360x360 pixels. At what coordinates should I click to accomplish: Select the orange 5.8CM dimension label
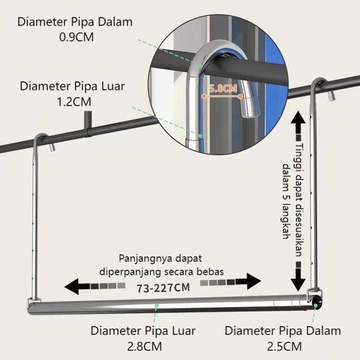(223, 89)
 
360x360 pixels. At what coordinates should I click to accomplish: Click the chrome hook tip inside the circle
(246, 110)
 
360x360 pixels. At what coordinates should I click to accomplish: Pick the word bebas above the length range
(212, 272)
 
